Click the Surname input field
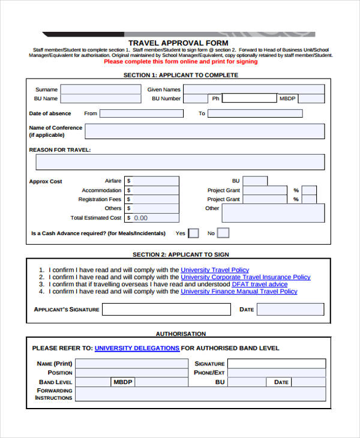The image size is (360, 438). [101, 89]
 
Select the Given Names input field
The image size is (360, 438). [254, 89]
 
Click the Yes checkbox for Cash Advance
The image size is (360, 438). [193, 233]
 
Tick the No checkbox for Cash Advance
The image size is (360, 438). [223, 233]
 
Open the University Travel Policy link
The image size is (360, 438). [215, 270]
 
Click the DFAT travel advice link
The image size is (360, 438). [260, 284]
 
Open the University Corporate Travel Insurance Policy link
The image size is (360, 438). [245, 277]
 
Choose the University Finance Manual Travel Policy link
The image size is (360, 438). [239, 292]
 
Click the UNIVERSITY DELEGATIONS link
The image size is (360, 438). [137, 348]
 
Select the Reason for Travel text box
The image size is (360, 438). [180, 162]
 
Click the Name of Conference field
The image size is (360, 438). [205, 131]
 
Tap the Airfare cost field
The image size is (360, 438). [152, 181]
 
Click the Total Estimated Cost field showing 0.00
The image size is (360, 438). [152, 218]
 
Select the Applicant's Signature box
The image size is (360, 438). [166, 310]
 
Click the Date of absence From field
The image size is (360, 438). [142, 113]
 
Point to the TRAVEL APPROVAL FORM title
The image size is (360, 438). [178, 43]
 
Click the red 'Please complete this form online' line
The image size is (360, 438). [181, 61]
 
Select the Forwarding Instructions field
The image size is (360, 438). [200, 394]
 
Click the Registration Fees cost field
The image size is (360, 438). [152, 199]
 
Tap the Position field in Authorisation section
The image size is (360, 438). [131, 373]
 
